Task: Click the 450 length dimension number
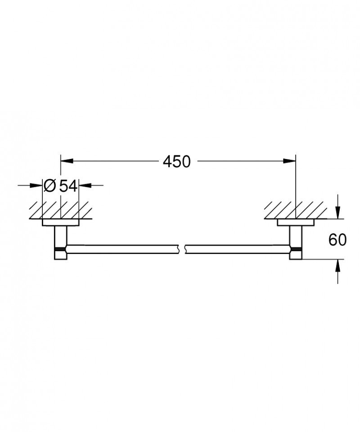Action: click(177, 161)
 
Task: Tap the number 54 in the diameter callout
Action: click(68, 185)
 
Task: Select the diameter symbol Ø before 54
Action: click(49, 185)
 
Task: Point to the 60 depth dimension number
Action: click(337, 240)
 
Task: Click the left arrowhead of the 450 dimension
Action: click(66, 161)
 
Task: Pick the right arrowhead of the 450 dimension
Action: click(290, 161)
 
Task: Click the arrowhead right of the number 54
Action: click(84, 185)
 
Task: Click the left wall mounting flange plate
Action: click(60, 222)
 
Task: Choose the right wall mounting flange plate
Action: click(295, 222)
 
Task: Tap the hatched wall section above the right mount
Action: click(295, 210)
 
